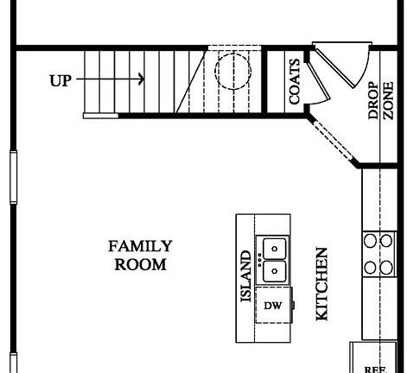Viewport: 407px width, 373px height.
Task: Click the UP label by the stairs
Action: tap(60, 80)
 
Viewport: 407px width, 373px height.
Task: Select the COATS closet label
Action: tap(295, 81)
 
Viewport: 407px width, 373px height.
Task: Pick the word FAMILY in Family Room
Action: tap(140, 246)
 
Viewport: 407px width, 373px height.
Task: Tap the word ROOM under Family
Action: tap(140, 264)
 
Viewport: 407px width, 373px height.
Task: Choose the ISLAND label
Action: tap(245, 277)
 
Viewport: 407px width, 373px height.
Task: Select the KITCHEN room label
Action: tap(321, 284)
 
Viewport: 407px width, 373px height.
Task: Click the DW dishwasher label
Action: tap(273, 306)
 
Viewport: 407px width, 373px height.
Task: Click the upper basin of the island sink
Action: tap(275, 249)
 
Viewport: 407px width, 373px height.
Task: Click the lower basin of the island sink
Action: tap(275, 271)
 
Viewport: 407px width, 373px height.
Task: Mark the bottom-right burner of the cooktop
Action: tap(385, 267)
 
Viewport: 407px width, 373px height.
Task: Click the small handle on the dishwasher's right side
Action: tap(293, 305)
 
